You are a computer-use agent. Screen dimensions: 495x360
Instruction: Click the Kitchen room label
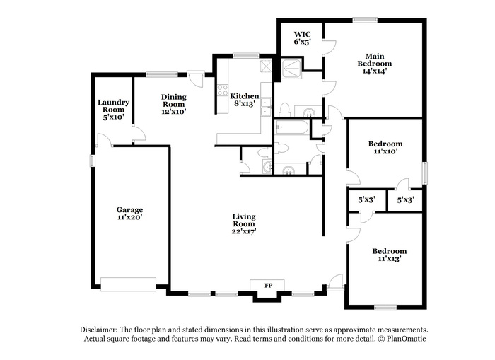coord(245,100)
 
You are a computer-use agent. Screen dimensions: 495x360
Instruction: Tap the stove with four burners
coord(223,90)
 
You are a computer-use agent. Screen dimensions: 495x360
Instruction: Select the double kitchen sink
coord(266,107)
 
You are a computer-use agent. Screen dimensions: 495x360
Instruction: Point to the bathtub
coord(291,127)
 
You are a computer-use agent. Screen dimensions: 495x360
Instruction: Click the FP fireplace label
coord(268,286)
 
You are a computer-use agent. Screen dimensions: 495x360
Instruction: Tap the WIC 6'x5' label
coord(303,38)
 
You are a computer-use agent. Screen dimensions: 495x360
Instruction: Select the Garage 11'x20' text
coord(129,213)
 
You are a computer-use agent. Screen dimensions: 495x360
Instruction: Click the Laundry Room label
coord(113,106)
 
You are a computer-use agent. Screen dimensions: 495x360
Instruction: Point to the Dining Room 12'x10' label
coord(174,104)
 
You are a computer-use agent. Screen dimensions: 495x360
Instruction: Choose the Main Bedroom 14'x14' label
coord(375,64)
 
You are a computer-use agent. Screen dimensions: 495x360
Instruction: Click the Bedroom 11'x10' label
coord(385,148)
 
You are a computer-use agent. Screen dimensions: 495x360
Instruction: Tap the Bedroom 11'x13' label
coord(389,255)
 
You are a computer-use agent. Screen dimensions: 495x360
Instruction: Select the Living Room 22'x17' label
coord(244,224)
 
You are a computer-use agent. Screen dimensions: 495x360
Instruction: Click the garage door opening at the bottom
coord(128,284)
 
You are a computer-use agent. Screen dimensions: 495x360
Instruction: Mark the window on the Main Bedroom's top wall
coord(365,21)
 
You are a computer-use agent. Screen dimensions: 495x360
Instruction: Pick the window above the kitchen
coord(246,55)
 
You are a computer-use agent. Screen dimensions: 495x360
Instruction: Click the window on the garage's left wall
coord(93,161)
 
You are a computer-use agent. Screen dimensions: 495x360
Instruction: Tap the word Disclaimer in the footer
coord(98,330)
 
